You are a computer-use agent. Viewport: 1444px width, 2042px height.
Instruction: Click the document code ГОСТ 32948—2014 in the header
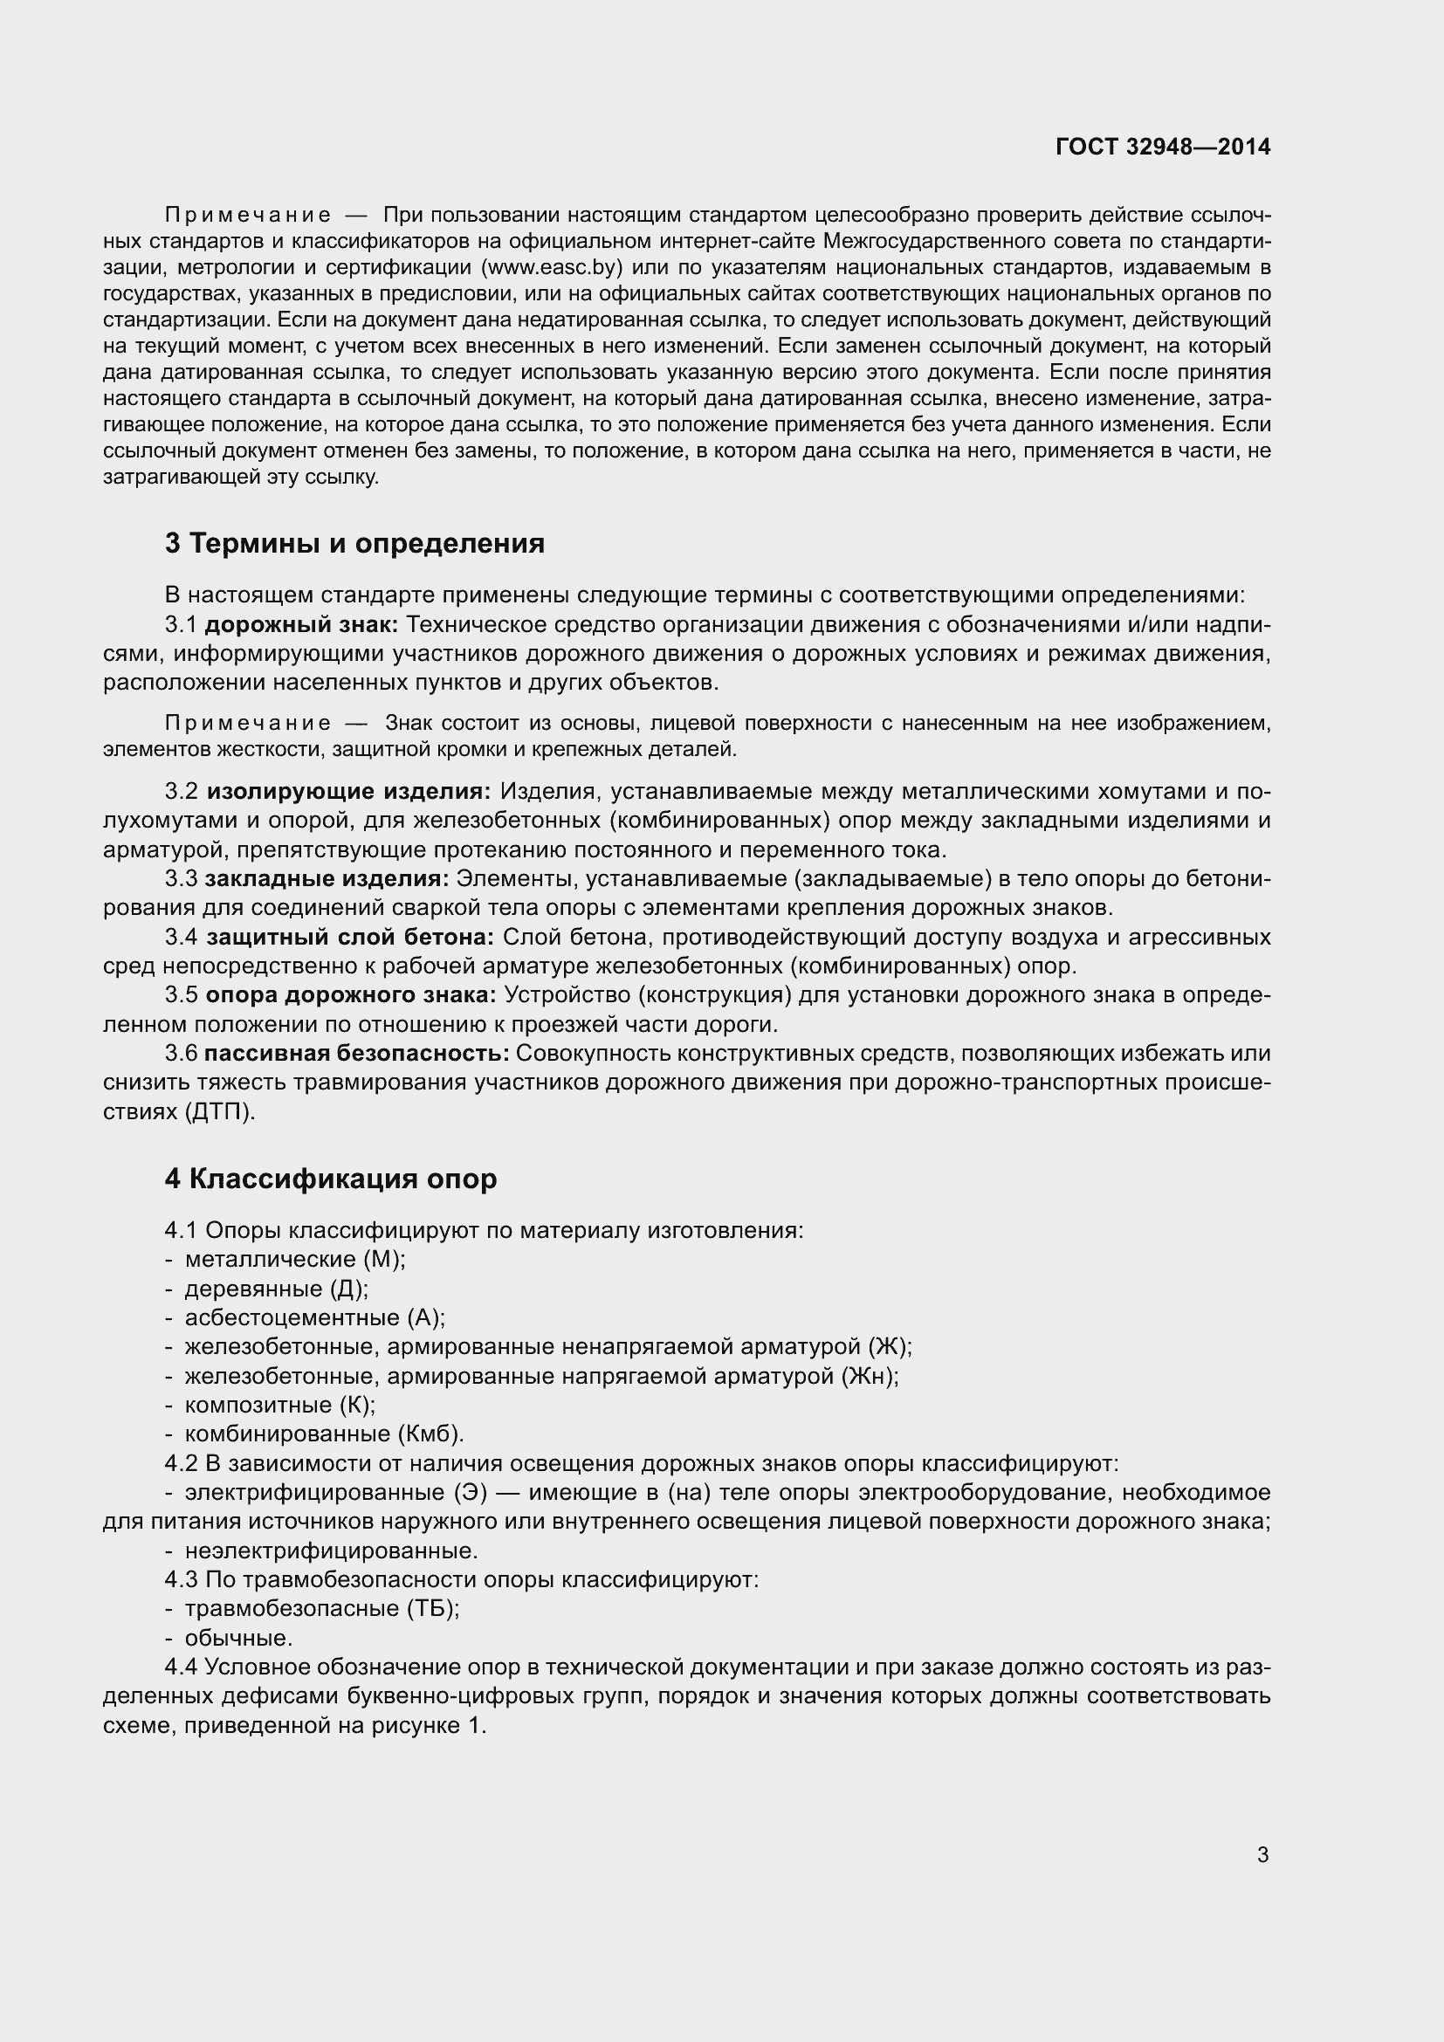coord(1163,147)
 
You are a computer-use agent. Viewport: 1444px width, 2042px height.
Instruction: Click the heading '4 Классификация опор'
coord(331,1179)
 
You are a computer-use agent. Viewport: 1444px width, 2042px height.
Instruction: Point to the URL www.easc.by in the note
coord(551,268)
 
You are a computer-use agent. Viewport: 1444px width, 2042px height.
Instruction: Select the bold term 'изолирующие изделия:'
coord(348,792)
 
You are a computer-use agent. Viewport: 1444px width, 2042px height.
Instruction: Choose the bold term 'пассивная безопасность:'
coord(356,1053)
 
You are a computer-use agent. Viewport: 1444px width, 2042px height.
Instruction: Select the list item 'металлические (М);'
coord(294,1260)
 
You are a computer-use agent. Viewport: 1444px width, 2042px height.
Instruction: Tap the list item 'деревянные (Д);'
coord(276,1289)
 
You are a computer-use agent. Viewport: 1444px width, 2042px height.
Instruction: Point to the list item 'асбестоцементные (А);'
coord(315,1317)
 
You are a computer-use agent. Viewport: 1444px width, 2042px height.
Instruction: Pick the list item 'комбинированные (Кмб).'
coord(325,1434)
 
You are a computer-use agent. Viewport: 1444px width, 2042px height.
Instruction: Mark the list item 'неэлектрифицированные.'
coord(331,1551)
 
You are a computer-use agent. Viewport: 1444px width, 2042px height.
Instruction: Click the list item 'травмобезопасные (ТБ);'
coord(321,1609)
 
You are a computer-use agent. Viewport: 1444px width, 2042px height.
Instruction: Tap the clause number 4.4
coord(182,1667)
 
